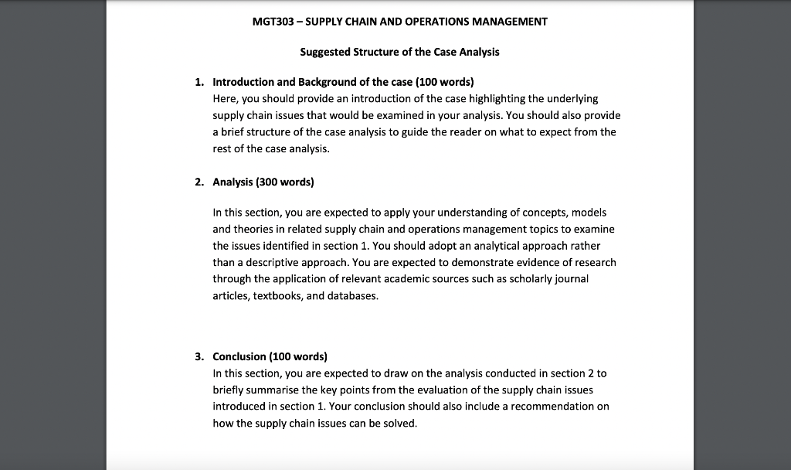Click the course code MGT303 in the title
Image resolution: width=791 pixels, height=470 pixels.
pos(273,22)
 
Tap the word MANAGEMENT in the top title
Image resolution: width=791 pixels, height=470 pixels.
pos(510,22)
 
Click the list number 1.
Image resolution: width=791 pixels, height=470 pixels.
pos(199,82)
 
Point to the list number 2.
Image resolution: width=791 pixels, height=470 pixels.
pos(199,182)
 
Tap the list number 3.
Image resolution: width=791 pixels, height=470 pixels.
pos(199,357)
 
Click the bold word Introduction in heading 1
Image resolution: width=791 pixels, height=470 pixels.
pos(243,82)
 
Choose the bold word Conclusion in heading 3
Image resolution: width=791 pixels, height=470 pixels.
pos(239,357)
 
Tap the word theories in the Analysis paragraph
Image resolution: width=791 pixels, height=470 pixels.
pos(255,229)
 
